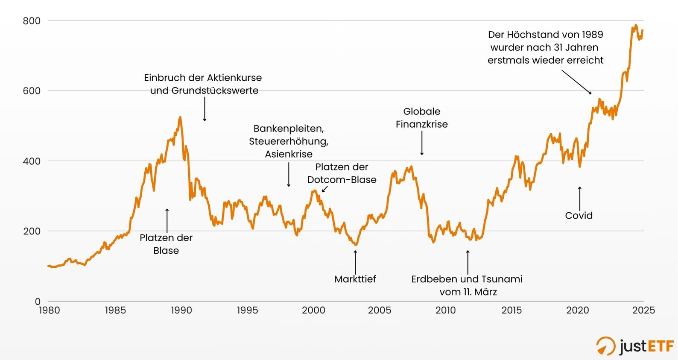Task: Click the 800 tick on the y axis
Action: click(32, 21)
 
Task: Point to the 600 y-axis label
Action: click(32, 91)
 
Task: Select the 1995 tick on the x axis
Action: click(247, 310)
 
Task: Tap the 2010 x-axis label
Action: click(445, 310)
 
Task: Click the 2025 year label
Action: click(643, 310)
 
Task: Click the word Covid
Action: click(579, 216)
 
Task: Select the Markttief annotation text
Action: click(355, 279)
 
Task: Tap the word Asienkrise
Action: click(289, 154)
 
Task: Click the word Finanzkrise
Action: click(421, 124)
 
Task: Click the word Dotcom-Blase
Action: click(342, 180)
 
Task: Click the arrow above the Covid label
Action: click(579, 199)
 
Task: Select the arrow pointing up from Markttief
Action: click(355, 261)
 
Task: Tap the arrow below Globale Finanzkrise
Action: click(422, 143)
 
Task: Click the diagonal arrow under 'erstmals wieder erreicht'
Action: click(576, 82)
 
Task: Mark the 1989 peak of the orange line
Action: click(180, 117)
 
